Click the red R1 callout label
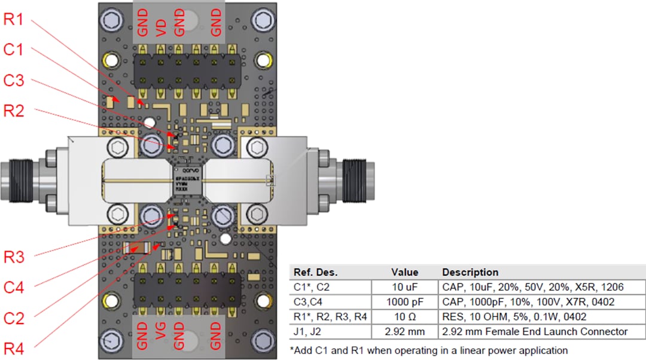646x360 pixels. [13, 19]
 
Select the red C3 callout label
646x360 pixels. [14, 80]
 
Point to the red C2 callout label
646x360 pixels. [14, 318]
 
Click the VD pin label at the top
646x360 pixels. [161, 26]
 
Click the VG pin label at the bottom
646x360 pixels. [161, 335]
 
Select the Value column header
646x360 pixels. [404, 272]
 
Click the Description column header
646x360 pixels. [470, 272]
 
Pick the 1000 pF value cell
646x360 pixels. [404, 302]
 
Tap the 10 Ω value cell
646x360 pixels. [404, 317]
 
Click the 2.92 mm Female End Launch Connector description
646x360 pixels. [535, 331]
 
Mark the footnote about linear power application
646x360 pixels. [428, 350]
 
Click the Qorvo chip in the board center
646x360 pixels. [188, 180]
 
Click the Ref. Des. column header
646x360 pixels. [312, 272]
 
